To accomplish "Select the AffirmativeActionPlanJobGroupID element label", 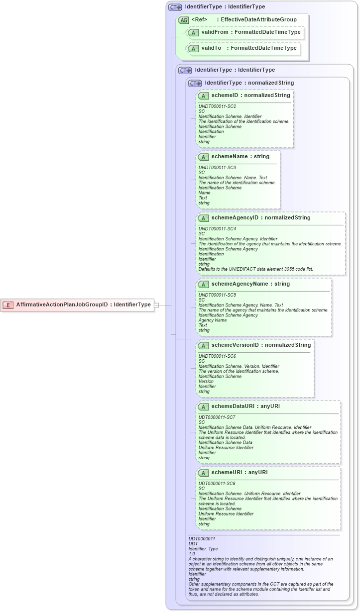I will pyautogui.click(x=83, y=305).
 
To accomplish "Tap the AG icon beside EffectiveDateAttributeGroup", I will pyautogui.click(x=184, y=20).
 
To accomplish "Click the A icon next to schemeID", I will pyautogui.click(x=203, y=96).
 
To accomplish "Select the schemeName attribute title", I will pyautogui.click(x=240, y=157).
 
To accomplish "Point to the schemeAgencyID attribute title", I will pyautogui.click(x=260, y=218).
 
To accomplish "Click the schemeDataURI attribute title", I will pyautogui.click(x=245, y=407).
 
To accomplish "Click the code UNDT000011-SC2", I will pyautogui.click(x=217, y=106).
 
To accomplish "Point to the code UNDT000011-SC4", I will pyautogui.click(x=217, y=228).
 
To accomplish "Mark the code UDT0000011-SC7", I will pyautogui.click(x=217, y=417).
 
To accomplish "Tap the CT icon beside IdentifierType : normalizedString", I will pyautogui.click(x=195, y=84).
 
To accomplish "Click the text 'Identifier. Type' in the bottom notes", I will pyautogui.click(x=204, y=549).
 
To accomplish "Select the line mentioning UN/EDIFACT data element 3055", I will pyautogui.click(x=255, y=269).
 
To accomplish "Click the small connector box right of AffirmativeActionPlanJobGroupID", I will pyautogui.click(x=156, y=305).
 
